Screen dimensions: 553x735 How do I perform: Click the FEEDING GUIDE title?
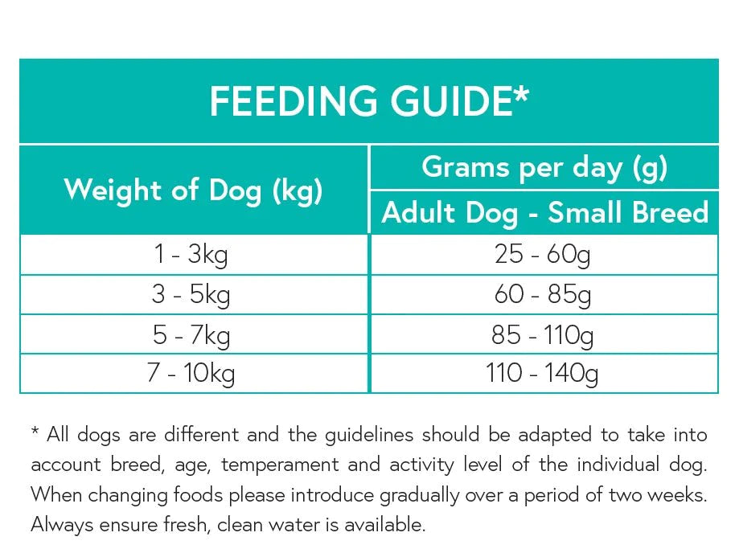(x=369, y=102)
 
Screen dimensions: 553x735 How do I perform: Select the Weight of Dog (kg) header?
(x=193, y=190)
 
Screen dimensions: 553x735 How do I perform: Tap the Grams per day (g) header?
(x=544, y=167)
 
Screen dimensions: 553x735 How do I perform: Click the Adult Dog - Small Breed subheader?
(x=544, y=213)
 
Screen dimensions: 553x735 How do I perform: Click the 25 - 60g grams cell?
(x=543, y=256)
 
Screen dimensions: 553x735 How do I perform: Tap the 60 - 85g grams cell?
(x=543, y=295)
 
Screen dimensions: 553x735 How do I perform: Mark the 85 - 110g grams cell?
(x=543, y=334)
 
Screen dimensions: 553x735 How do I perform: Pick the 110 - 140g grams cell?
(x=543, y=374)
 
